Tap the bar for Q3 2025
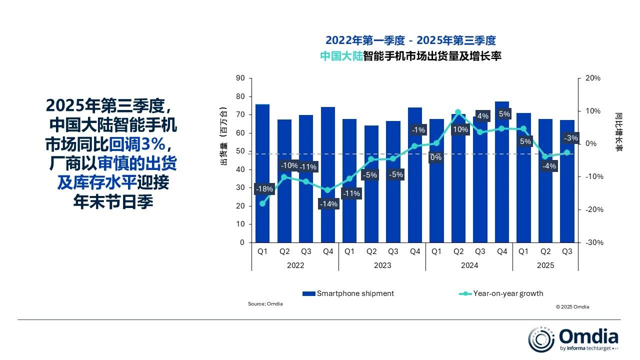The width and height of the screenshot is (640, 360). click(567, 200)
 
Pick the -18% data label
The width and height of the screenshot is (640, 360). click(264, 189)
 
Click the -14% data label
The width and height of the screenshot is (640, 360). click(329, 204)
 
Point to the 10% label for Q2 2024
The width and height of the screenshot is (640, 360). click(459, 130)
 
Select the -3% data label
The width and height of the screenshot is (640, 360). click(570, 138)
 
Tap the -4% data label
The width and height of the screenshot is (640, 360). click(548, 166)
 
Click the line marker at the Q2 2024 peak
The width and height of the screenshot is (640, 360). click(458, 112)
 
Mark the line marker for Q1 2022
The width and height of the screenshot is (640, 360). click(262, 203)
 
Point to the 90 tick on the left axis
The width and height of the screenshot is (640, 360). click(240, 78)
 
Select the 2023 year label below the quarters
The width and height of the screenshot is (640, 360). click(382, 265)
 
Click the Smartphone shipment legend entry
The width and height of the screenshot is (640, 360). click(348, 293)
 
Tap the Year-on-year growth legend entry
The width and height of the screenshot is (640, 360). click(501, 293)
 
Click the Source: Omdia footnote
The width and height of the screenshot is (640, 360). click(265, 304)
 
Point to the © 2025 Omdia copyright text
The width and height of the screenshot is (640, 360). click(572, 307)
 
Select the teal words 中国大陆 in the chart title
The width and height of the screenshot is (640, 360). click(341, 56)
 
